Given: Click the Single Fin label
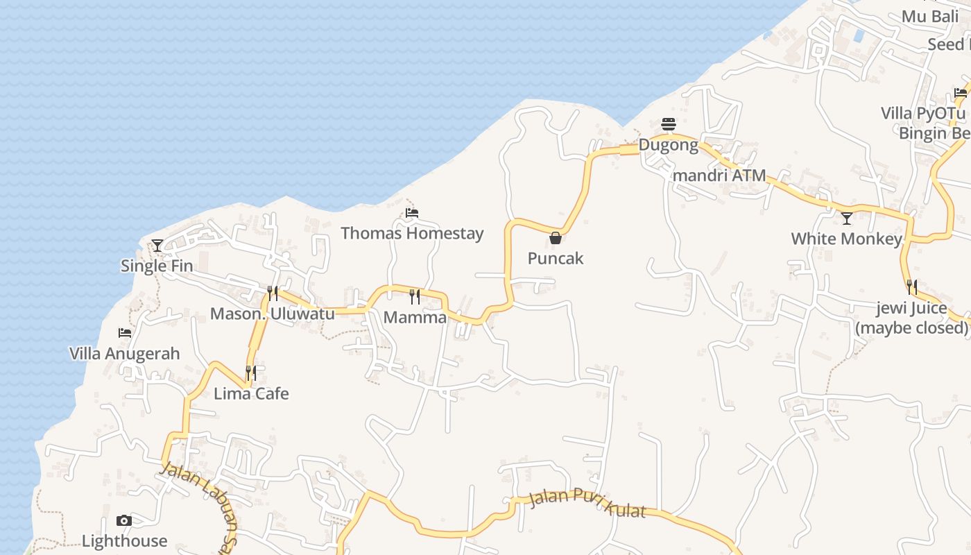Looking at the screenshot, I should (157, 266).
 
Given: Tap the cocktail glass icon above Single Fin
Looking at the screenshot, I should (157, 245).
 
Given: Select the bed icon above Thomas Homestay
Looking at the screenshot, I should (412, 212).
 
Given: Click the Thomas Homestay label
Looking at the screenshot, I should (412, 233).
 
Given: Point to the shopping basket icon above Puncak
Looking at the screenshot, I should (556, 238).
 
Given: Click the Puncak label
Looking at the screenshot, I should (556, 258).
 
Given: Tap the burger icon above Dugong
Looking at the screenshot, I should (669, 124).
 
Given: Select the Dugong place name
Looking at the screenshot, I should (669, 145).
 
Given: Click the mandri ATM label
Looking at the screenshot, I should (719, 176).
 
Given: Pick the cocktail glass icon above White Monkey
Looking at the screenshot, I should (847, 219).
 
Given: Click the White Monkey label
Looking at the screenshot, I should (847, 239).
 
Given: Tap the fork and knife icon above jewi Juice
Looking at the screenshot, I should (911, 287).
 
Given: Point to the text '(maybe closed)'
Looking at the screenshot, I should (911, 327).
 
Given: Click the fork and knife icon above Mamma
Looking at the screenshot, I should (415, 297).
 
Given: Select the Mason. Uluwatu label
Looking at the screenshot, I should (273, 314).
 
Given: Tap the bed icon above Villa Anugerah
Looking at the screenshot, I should (125, 333).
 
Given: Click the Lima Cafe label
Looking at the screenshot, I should (251, 393).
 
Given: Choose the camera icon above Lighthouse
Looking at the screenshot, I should (124, 521).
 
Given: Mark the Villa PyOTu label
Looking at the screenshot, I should (922, 113).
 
